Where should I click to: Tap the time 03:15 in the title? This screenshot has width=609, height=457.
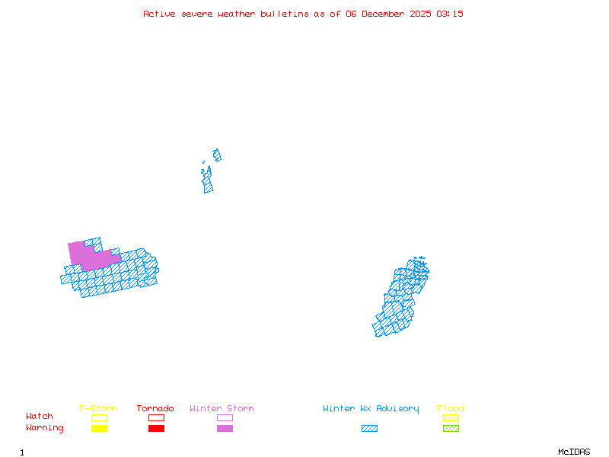pyautogui.click(x=449, y=14)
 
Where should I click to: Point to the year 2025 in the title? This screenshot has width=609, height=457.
pyautogui.click(x=421, y=14)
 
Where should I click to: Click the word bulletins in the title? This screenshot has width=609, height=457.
pyautogui.click(x=285, y=14)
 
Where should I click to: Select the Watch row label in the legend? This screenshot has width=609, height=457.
pyautogui.click(x=40, y=417)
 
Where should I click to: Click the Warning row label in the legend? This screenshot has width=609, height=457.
pyautogui.click(x=45, y=428)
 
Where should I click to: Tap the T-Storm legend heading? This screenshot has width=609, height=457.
pyautogui.click(x=98, y=409)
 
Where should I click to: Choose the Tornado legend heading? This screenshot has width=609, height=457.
pyautogui.click(x=155, y=409)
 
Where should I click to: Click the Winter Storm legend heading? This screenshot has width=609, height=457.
pyautogui.click(x=222, y=409)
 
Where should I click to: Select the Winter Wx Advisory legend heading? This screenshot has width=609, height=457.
pyautogui.click(x=371, y=409)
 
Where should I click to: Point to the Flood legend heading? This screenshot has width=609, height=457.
pyautogui.click(x=451, y=409)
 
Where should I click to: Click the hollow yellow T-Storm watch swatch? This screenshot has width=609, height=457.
pyautogui.click(x=99, y=417)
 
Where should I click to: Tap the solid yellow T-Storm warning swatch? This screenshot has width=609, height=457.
pyautogui.click(x=99, y=429)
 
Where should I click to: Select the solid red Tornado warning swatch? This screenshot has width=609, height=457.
pyautogui.click(x=156, y=429)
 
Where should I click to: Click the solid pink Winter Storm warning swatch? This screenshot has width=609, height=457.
pyautogui.click(x=225, y=429)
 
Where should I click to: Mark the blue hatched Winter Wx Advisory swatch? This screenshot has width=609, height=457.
pyautogui.click(x=369, y=429)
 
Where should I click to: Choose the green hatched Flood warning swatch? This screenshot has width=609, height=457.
pyautogui.click(x=451, y=429)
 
